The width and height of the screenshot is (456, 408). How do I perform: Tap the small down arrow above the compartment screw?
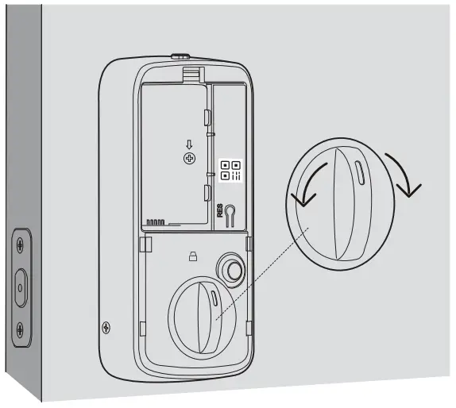(189, 144)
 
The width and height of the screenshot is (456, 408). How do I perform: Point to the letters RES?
(220, 210)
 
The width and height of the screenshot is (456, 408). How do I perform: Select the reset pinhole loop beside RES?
(230, 214)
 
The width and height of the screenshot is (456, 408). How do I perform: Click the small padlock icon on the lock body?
(192, 256)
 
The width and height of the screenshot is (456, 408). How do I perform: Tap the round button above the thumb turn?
(233, 270)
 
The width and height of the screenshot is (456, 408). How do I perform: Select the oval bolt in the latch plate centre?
(21, 285)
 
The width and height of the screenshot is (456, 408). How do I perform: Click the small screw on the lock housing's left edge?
(107, 326)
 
